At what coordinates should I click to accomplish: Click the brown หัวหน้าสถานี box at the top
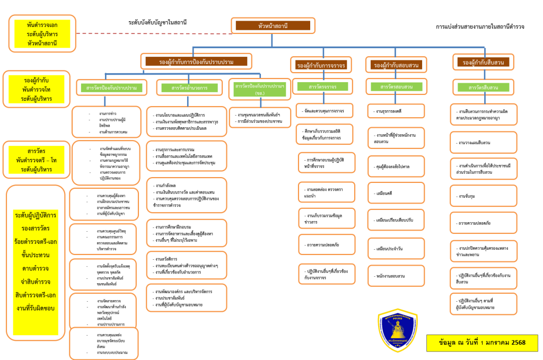pos(273,25)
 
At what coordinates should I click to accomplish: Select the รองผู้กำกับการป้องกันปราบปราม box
pos(196,62)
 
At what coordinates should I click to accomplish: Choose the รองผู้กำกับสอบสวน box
pos(396,65)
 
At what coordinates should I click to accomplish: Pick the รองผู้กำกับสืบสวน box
pos(483,63)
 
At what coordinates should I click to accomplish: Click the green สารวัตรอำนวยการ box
pos(189,87)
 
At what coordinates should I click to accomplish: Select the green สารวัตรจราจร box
pos(323,86)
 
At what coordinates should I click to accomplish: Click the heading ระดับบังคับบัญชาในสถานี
pos(157,22)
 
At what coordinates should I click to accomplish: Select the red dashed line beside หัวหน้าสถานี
pos(154,33)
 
